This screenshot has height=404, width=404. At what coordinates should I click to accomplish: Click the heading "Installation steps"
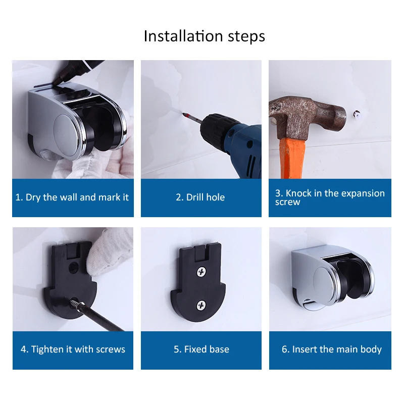pos(205,36)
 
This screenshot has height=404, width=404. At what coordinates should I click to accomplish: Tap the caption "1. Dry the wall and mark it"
pos(72,197)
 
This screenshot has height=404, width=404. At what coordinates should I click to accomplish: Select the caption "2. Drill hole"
pos(200,197)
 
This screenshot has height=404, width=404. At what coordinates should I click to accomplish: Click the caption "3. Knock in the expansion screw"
pos(330,197)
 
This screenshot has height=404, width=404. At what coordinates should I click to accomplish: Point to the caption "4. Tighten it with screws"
pos(73,349)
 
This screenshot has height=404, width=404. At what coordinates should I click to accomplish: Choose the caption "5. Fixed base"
pos(201,349)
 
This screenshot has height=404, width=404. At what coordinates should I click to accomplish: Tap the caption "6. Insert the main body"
pos(332,349)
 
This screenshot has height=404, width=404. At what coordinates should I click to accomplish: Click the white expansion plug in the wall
pos(357,114)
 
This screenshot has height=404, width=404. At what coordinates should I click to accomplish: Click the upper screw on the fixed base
pos(201,272)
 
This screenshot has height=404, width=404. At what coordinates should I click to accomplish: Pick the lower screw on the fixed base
pos(201,306)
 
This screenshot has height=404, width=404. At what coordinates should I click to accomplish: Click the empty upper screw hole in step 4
pos(74,267)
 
